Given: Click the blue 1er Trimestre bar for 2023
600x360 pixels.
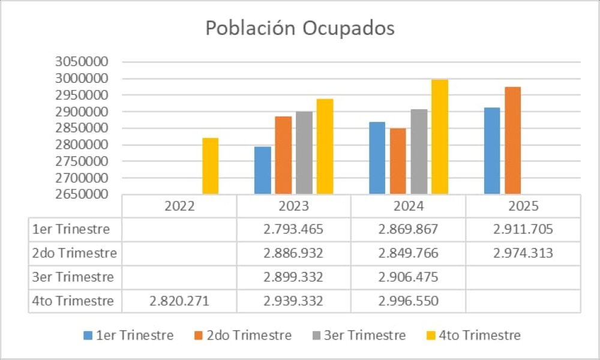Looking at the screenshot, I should (263, 170).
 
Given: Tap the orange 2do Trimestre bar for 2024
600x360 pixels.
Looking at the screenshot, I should (398, 161).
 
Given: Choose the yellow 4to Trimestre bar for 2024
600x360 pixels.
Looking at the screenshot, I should (439, 137).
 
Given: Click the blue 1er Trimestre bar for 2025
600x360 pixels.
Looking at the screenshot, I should (492, 151).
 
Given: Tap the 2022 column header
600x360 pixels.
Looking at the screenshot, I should (179, 206).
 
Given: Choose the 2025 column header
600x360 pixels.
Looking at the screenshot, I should (523, 206).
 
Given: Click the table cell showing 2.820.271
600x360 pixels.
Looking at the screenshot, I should (179, 301).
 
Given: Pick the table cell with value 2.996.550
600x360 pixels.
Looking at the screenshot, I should (408, 301).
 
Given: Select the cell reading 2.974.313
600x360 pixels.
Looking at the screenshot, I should (523, 253).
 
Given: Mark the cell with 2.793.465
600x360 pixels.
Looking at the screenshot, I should (293, 230).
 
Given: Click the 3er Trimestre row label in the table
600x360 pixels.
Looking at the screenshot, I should (74, 277).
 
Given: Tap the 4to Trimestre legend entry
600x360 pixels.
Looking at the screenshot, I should (475, 335).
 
